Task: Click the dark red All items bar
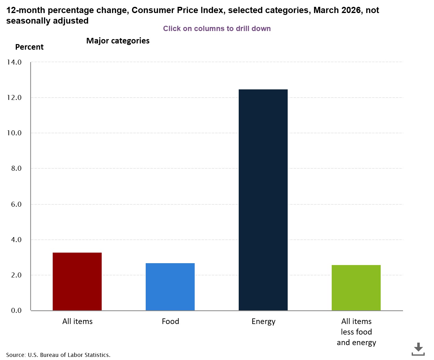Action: point(77,281)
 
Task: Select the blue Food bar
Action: point(170,287)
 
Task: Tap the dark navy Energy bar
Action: point(263,200)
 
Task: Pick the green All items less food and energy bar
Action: point(356,288)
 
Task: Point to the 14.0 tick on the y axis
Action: point(14,62)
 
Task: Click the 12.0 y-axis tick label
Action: point(14,97)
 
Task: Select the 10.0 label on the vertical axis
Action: point(14,133)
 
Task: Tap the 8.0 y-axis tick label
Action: point(16,168)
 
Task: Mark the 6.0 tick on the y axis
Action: point(16,204)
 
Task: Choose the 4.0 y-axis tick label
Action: point(16,240)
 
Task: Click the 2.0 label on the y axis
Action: point(16,275)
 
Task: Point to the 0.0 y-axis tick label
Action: point(16,310)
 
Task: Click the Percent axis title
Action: point(29,47)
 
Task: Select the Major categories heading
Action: point(118,41)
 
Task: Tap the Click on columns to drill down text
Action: point(217,29)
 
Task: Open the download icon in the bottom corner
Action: point(418,349)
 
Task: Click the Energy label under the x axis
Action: point(263,322)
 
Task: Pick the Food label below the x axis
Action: point(170,321)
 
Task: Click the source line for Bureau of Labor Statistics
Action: point(58,355)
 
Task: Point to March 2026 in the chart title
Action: point(337,10)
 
